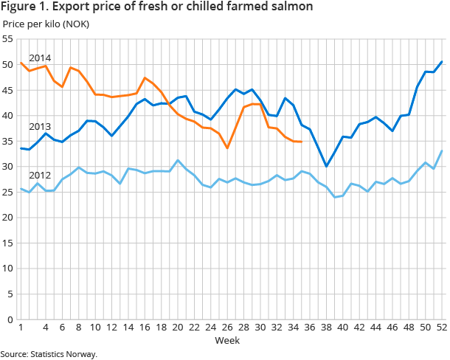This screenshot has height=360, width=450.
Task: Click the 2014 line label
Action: coord(39,58)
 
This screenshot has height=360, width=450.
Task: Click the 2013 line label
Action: coord(39,127)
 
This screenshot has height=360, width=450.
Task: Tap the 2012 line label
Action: coord(39,176)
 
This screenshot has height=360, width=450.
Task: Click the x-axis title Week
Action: coord(226,341)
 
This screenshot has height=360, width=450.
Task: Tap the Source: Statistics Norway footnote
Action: coord(49,354)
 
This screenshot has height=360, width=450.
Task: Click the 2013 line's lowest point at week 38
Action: coord(326,166)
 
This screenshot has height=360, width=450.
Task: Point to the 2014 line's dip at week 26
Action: coord(227,148)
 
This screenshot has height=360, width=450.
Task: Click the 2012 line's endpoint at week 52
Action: coord(441,151)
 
